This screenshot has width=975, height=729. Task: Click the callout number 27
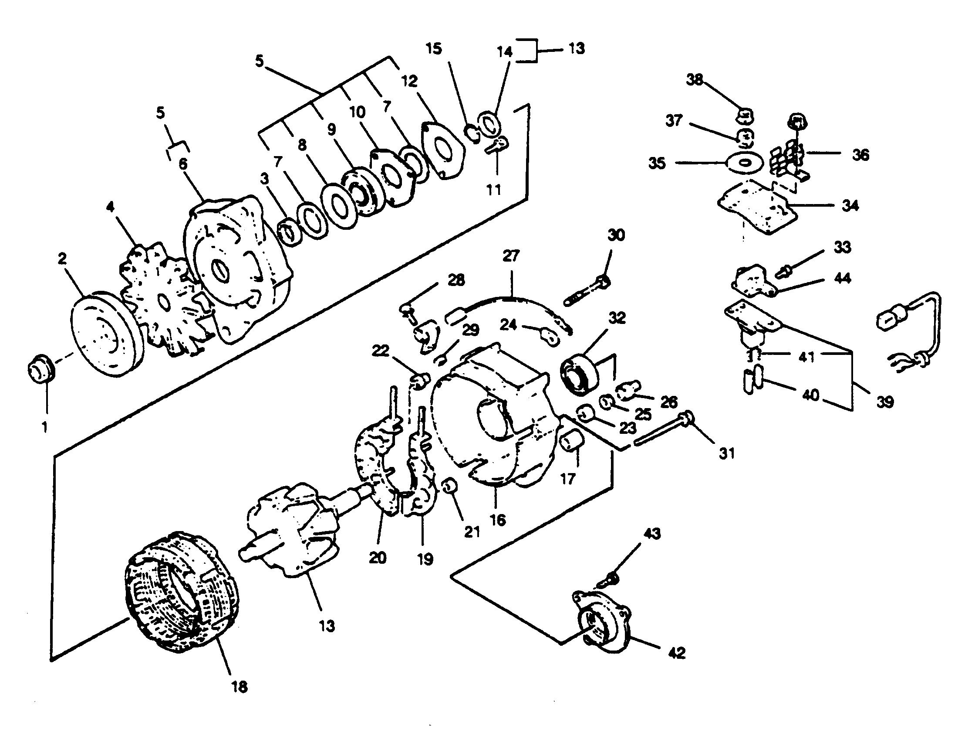click(x=511, y=256)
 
